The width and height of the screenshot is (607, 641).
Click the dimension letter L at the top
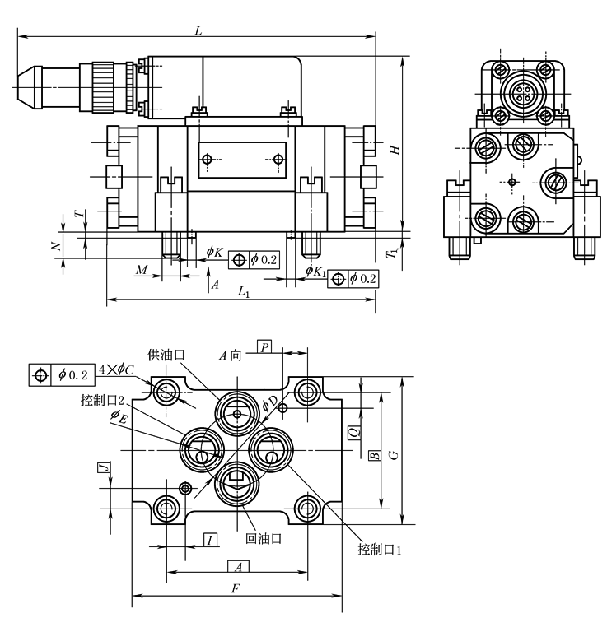198,29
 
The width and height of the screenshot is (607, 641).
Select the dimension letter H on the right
395,150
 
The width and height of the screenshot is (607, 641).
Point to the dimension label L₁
243,292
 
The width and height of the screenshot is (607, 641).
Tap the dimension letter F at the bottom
236,588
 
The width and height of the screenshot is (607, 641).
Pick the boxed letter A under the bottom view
237,566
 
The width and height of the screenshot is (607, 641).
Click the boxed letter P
264,346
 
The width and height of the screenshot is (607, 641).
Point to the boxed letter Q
353,430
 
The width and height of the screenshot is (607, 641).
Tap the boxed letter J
103,469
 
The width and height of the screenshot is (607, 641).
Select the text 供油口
165,355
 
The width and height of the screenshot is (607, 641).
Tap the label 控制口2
103,401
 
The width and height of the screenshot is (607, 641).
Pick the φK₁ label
315,271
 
